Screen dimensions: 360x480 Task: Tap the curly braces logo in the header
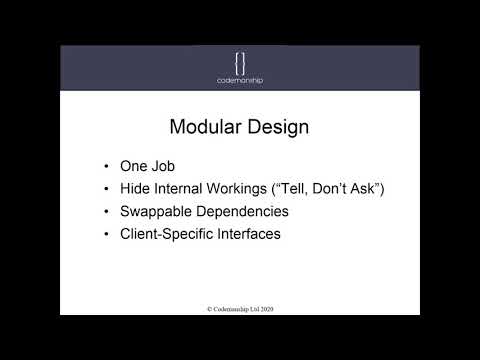point(240,58)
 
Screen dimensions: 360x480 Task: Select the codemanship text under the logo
point(240,79)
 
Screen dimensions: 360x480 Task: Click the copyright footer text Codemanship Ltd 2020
point(240,309)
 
